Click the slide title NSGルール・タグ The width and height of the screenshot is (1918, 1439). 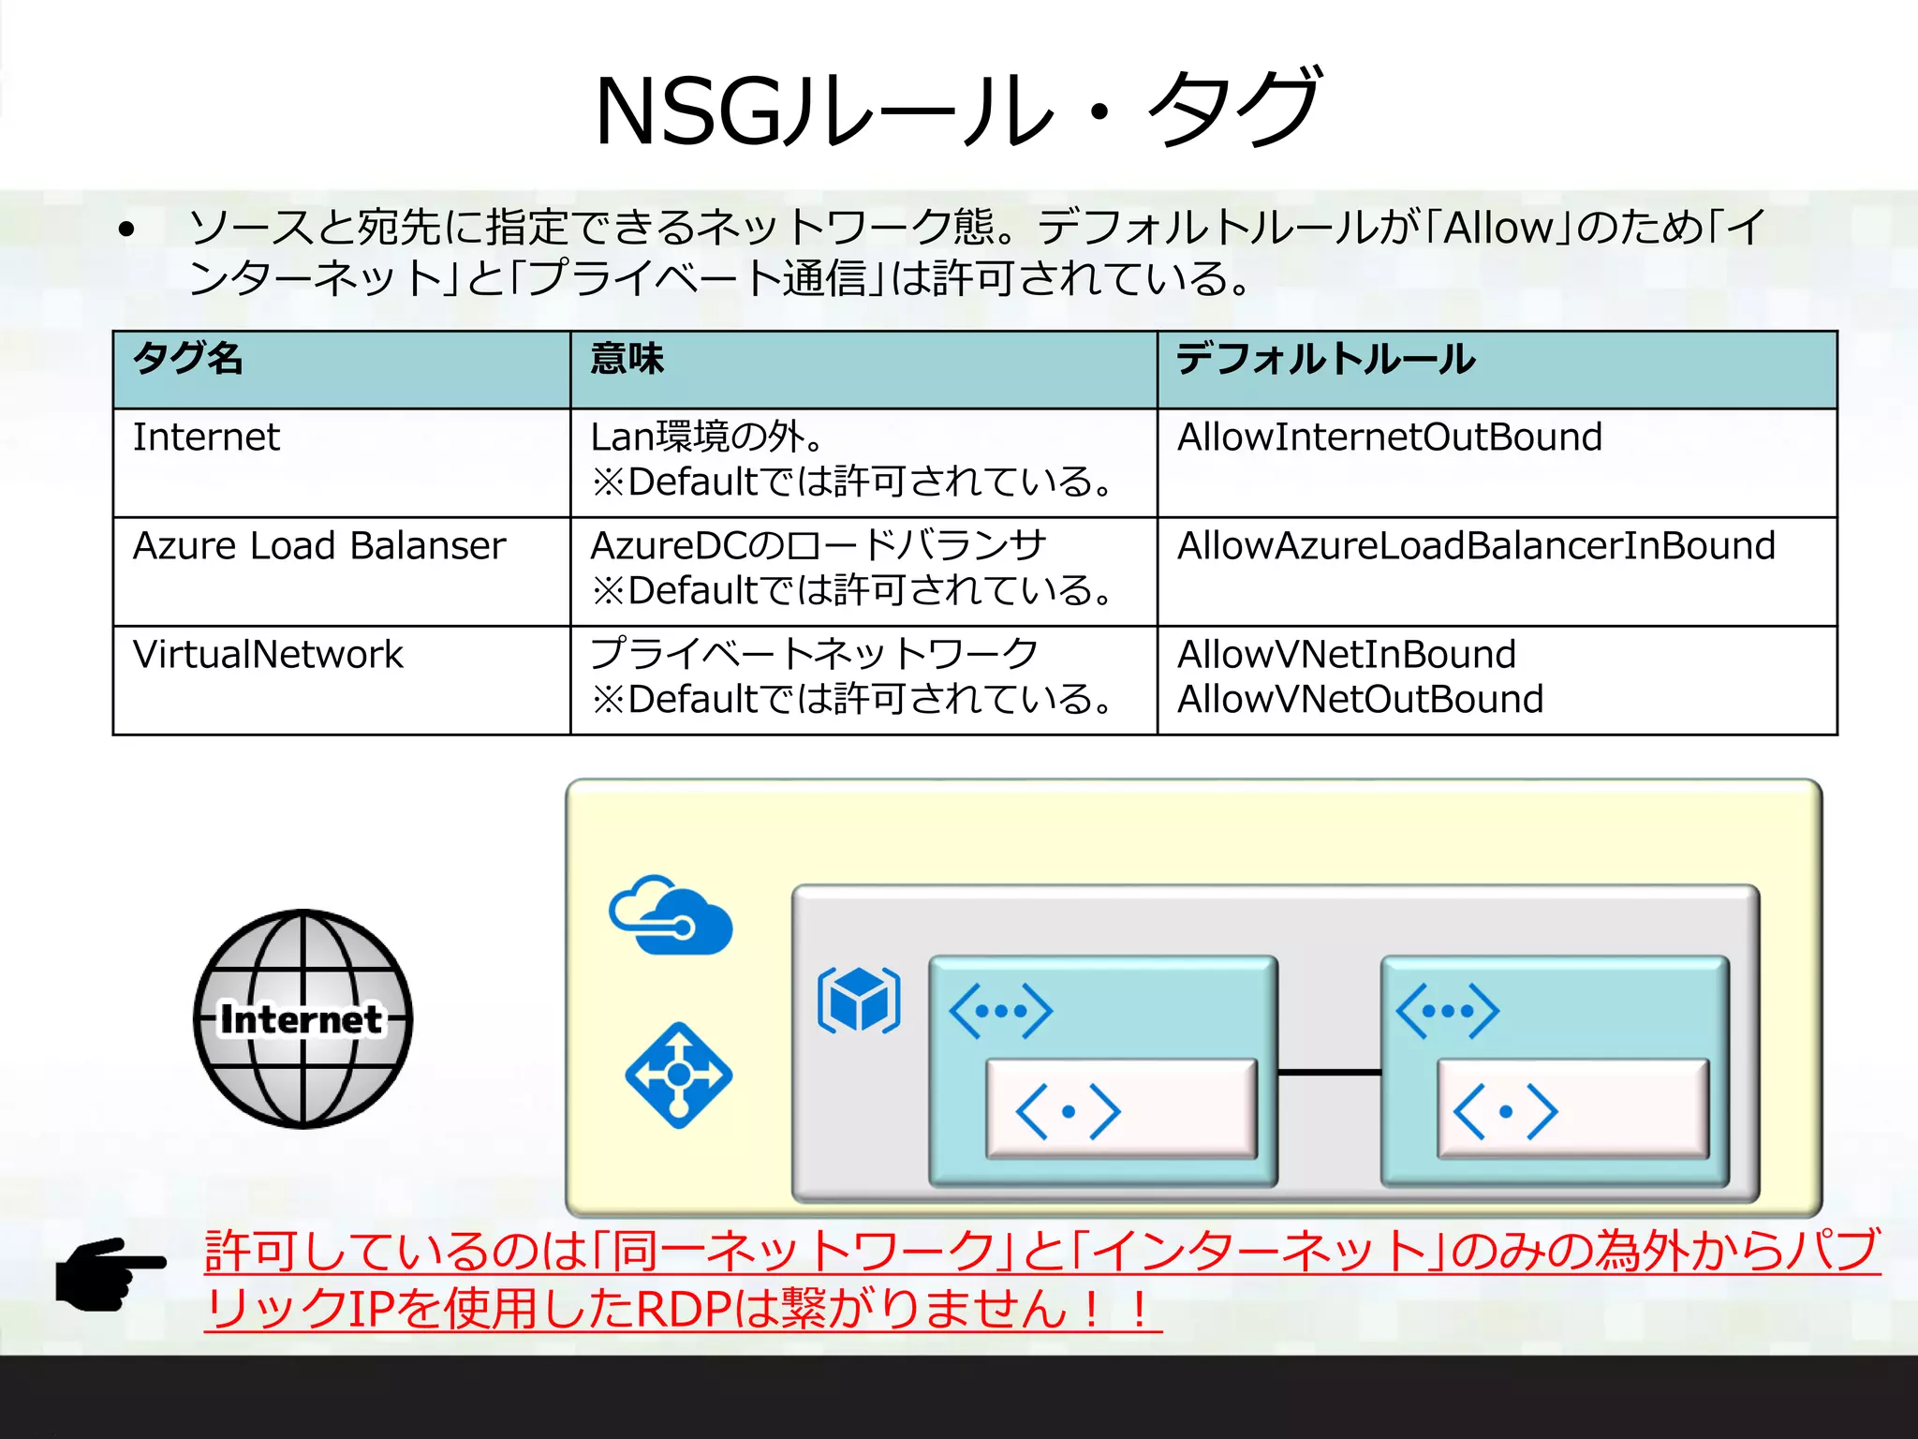point(957,110)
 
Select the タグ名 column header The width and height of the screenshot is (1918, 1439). point(188,359)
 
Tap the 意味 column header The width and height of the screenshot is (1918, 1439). point(627,359)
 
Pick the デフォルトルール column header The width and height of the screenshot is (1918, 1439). point(1325,359)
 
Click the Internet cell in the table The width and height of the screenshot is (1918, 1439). point(206,438)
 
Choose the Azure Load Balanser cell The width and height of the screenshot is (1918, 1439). point(319,546)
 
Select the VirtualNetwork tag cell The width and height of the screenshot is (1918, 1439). point(268,655)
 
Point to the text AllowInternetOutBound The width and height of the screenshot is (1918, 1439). point(1389,438)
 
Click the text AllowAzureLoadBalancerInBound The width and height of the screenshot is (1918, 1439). point(1476,546)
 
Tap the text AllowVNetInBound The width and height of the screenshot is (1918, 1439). point(1346,655)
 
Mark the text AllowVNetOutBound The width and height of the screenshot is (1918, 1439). point(1360,700)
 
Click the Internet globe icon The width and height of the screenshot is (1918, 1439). point(302,1018)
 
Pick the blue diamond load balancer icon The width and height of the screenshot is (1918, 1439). point(679,1075)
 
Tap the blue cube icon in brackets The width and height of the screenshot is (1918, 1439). point(859,1001)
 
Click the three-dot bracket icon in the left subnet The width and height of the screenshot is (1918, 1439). point(1000,1011)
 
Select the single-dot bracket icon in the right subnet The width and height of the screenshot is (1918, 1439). point(1505,1112)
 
